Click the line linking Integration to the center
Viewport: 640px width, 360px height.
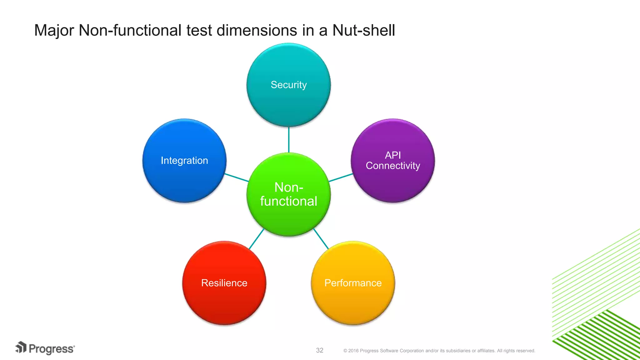[x=237, y=177]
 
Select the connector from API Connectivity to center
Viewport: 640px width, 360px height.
[x=341, y=177]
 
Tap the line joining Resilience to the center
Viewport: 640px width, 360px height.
[x=256, y=239]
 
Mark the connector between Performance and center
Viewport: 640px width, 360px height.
[x=321, y=239]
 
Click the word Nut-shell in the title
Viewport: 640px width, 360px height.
[x=363, y=31]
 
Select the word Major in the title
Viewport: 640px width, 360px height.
[x=54, y=31]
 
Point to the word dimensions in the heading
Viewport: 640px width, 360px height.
[x=257, y=31]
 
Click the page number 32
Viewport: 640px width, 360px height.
[x=319, y=350]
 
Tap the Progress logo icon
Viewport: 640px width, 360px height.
[x=21, y=347]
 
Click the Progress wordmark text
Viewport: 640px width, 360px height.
[x=52, y=349]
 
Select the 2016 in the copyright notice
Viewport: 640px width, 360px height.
[x=353, y=351]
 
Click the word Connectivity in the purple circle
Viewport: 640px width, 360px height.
[x=393, y=166]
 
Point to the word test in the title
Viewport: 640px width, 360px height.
[x=199, y=31]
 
